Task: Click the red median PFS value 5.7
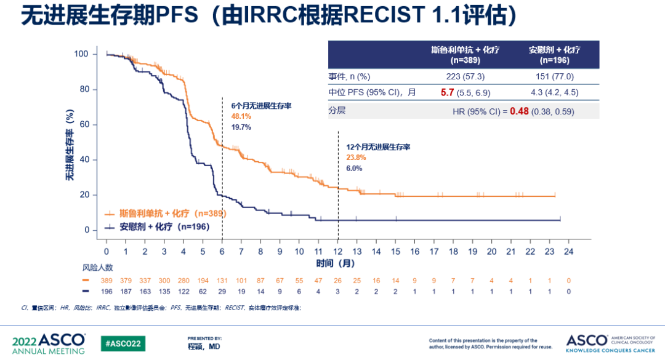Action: [x=447, y=93]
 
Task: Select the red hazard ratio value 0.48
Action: [x=518, y=111]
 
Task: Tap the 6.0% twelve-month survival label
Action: [x=354, y=168]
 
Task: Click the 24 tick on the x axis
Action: [x=569, y=252]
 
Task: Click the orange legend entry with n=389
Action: [x=165, y=214]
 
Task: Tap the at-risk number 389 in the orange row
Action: [x=107, y=281]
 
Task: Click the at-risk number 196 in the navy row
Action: [x=107, y=291]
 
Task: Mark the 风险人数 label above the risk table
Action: [x=97, y=268]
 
